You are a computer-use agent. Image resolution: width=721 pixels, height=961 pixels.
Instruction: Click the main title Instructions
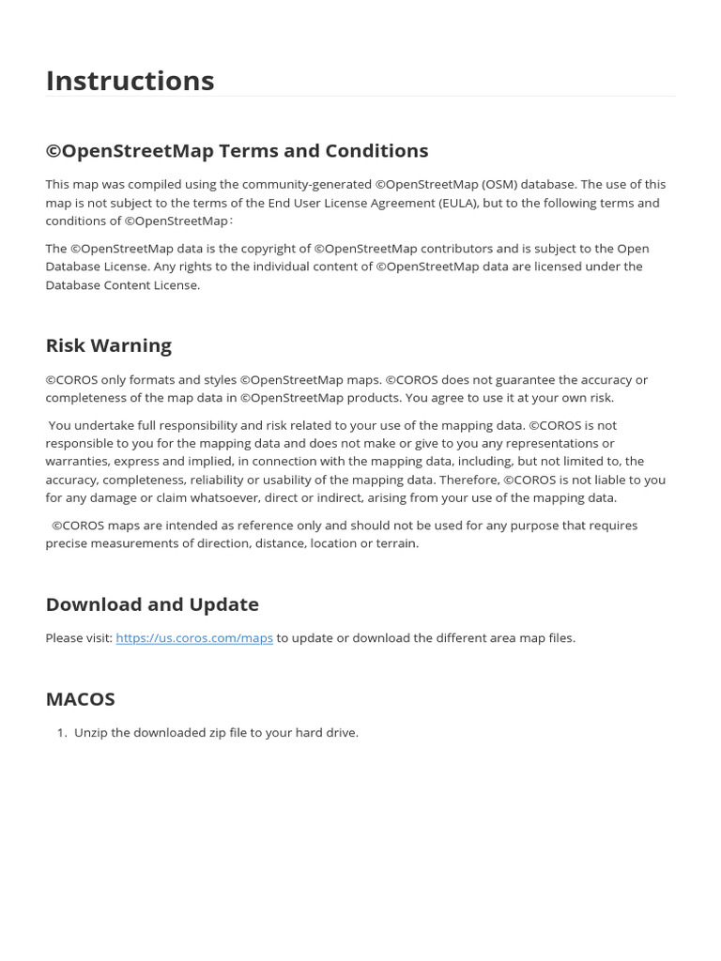[130, 81]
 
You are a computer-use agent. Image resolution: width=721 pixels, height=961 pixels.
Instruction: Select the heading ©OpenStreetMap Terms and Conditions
[237, 151]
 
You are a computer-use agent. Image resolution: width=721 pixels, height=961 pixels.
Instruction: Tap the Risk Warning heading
[108, 345]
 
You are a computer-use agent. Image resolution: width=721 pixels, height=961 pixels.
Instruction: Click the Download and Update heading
[152, 604]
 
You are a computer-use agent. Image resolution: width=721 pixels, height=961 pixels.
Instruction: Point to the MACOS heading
[80, 699]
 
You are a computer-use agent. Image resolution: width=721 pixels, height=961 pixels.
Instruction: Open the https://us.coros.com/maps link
[194, 638]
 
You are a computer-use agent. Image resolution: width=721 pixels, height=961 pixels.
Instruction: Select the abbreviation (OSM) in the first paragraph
[501, 185]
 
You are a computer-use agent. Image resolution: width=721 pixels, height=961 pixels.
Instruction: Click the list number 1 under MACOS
[61, 733]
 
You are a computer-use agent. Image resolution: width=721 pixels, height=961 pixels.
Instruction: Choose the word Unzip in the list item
[90, 733]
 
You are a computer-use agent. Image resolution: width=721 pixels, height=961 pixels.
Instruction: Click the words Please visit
[79, 638]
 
